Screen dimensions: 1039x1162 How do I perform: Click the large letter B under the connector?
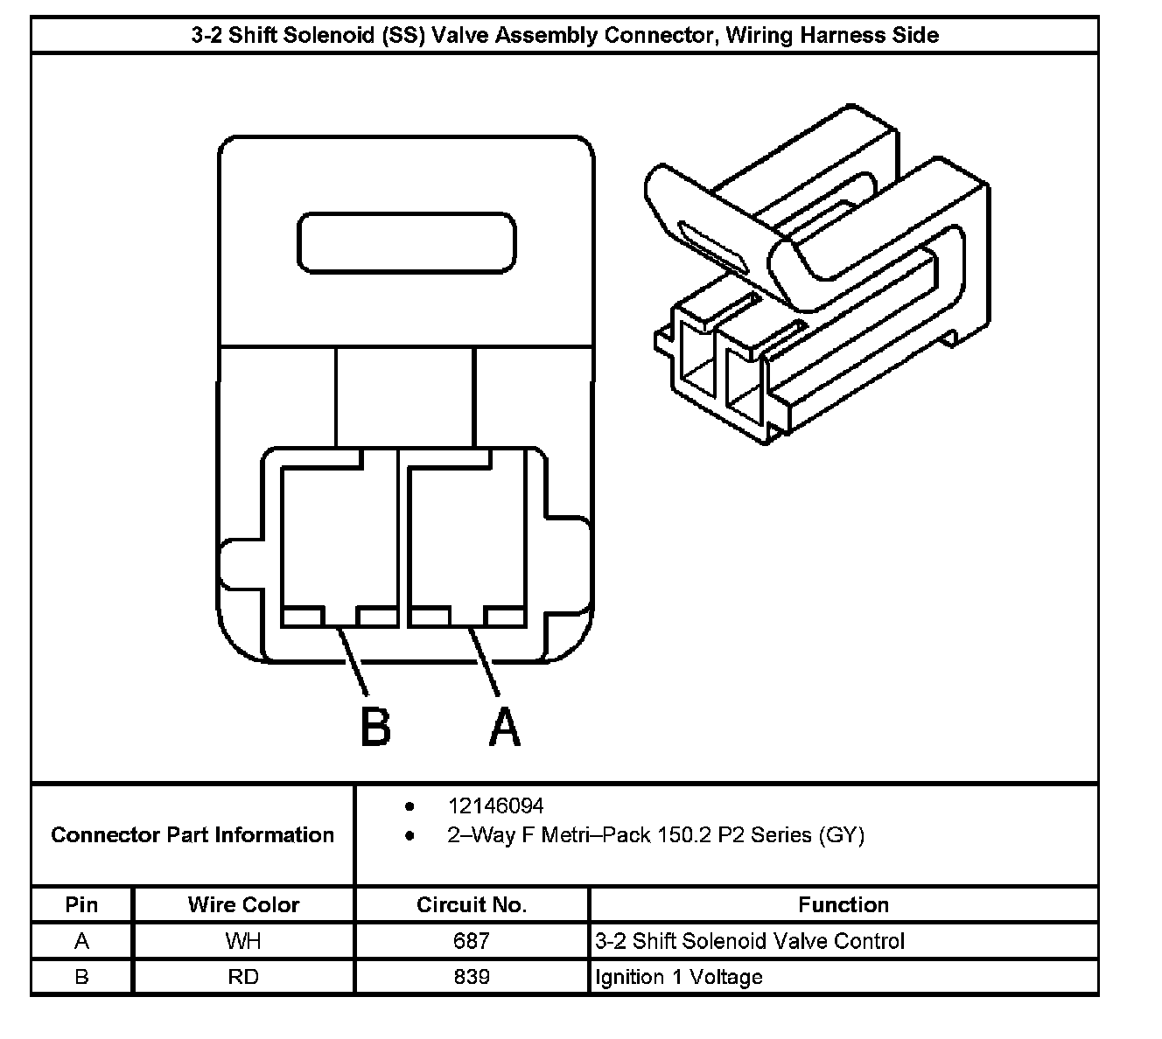[x=375, y=725]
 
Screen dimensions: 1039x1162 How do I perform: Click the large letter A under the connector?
[x=505, y=725]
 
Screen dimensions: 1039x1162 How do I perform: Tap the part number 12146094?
[x=495, y=805]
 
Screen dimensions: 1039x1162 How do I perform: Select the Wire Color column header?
[x=243, y=904]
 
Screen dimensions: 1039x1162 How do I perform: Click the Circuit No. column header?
[x=472, y=904]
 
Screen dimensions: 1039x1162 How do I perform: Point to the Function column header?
[x=843, y=904]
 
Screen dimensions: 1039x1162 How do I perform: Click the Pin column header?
[x=81, y=904]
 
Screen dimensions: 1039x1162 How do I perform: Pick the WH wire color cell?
[x=243, y=941]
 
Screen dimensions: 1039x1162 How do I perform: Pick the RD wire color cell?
[x=243, y=976]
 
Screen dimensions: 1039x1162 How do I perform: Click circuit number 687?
[x=472, y=941]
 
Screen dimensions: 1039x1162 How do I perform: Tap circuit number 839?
[x=472, y=976]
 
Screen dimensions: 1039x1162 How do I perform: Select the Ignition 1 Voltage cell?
[x=678, y=976]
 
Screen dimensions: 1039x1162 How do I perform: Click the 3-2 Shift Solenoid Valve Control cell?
[x=750, y=941]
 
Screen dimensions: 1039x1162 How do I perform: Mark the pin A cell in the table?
[x=81, y=941]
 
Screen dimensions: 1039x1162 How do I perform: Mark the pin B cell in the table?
[x=81, y=976]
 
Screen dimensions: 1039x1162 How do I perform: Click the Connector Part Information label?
[x=192, y=835]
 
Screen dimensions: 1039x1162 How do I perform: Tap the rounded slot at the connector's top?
[x=407, y=241]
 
